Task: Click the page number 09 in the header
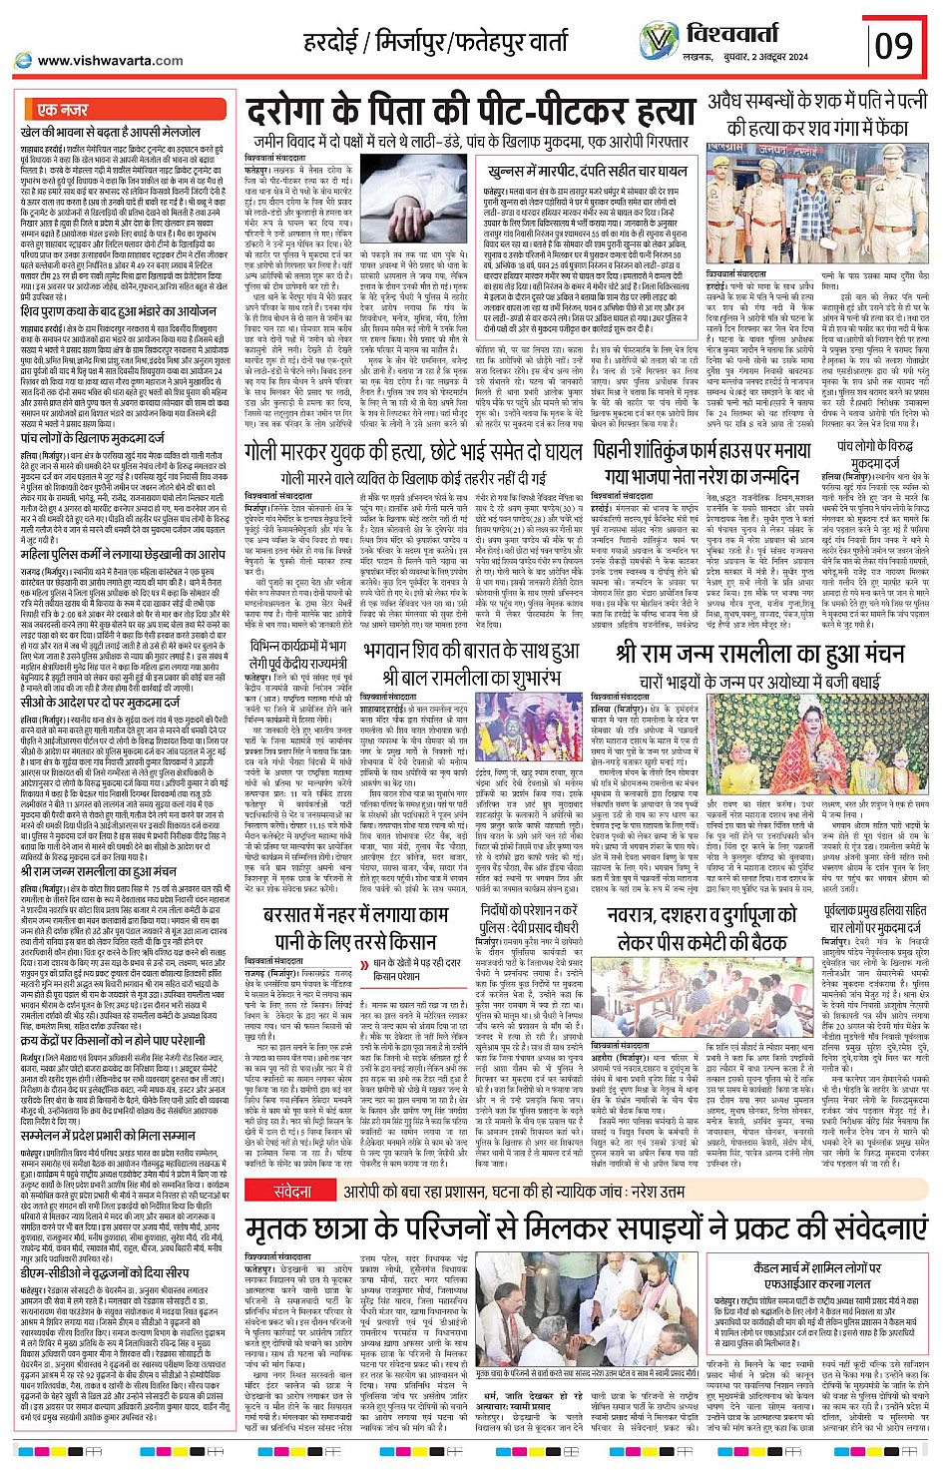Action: point(893,45)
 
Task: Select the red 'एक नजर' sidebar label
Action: point(62,110)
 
